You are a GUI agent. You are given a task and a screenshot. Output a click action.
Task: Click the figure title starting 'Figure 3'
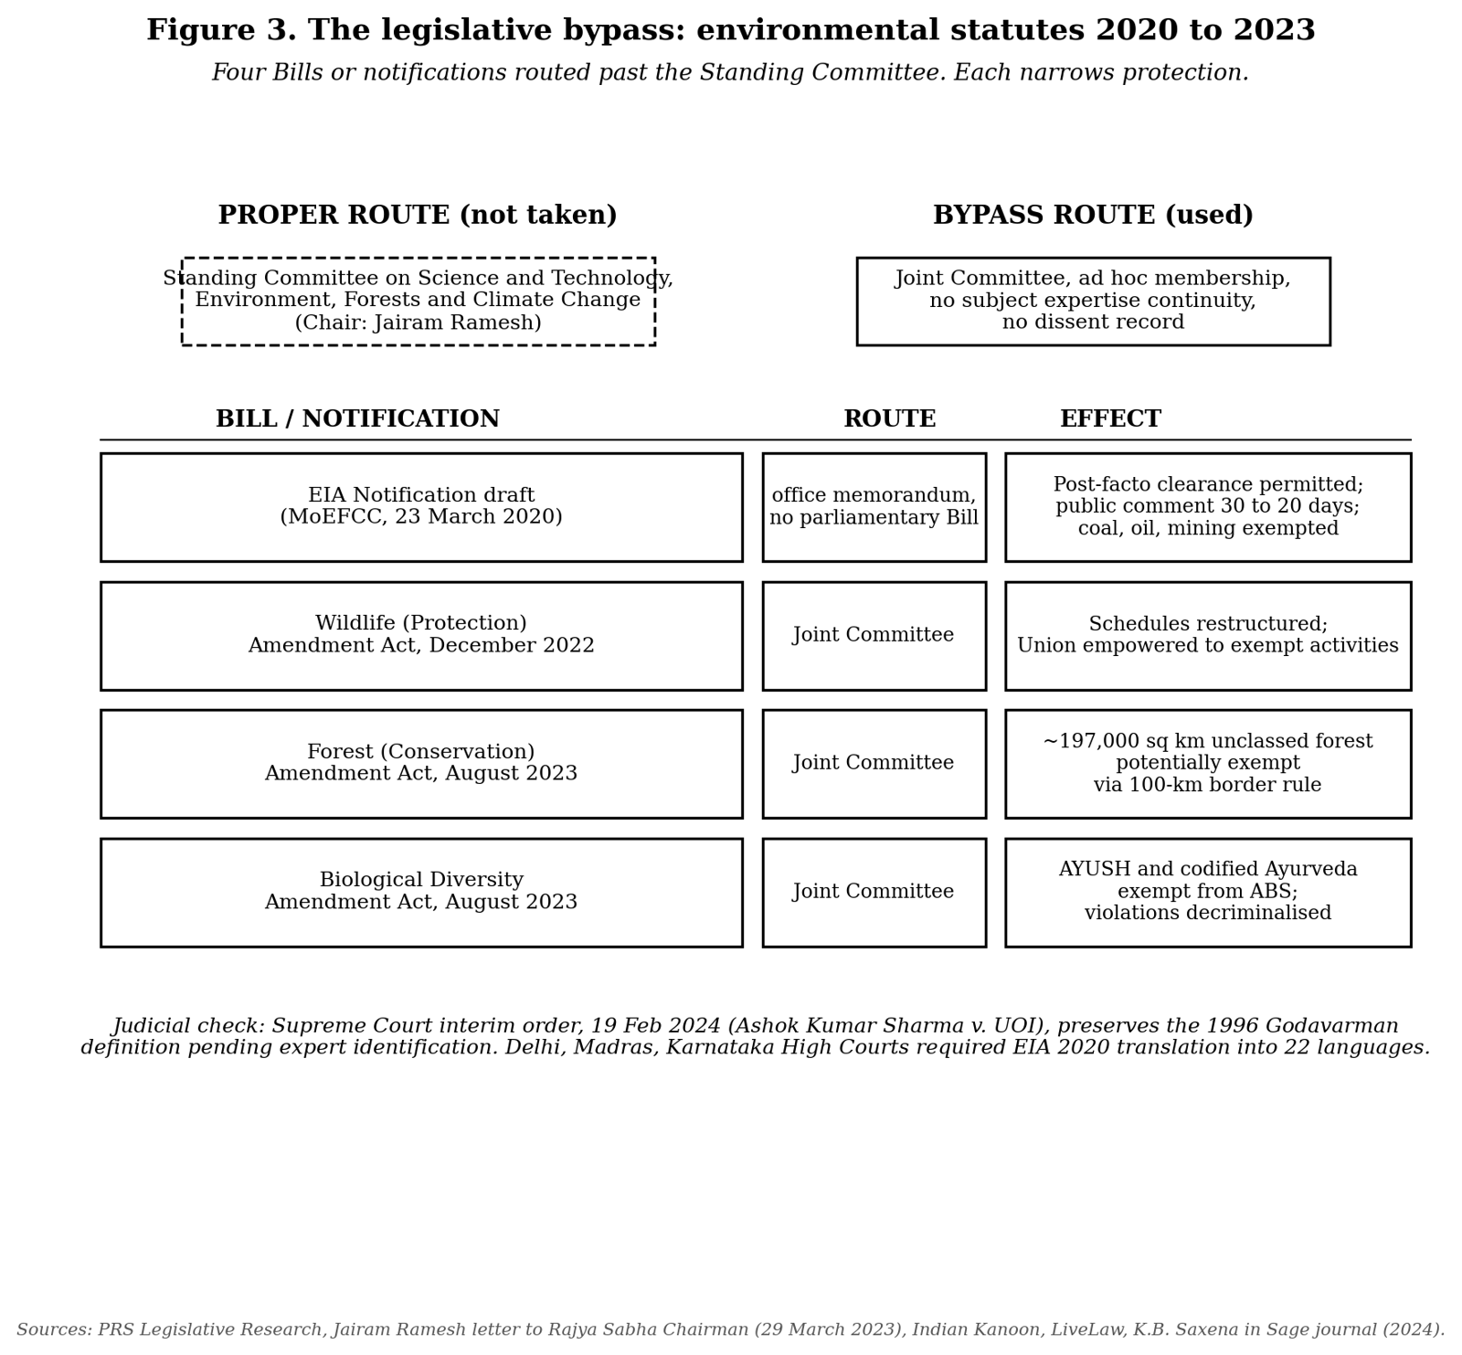point(730,30)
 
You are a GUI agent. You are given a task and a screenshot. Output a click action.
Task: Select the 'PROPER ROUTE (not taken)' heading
point(418,216)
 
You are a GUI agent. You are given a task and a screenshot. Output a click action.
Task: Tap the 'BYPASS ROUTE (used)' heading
point(1093,216)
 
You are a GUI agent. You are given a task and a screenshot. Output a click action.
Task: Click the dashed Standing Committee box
point(418,301)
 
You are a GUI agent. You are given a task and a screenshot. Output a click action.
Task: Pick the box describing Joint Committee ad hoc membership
point(1093,301)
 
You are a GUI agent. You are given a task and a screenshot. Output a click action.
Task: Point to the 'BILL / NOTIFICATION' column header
point(357,419)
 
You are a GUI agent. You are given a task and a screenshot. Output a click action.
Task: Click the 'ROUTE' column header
point(889,419)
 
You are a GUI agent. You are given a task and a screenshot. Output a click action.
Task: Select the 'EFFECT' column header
point(1110,419)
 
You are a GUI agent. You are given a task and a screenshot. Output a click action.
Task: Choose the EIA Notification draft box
point(421,507)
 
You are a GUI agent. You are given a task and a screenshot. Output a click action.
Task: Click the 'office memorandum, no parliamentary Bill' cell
point(874,507)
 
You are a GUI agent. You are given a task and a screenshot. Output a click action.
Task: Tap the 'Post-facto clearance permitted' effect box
point(1207,507)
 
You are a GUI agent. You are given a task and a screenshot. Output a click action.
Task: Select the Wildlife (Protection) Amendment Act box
point(421,635)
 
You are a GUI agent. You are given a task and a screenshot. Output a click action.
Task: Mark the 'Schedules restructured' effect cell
point(1207,635)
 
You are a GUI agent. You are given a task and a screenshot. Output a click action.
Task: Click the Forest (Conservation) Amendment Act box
point(421,763)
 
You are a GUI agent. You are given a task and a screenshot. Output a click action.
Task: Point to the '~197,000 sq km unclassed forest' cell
point(1207,763)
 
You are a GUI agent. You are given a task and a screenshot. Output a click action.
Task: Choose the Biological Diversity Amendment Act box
point(421,892)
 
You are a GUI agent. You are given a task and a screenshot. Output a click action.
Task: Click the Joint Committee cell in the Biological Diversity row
point(874,892)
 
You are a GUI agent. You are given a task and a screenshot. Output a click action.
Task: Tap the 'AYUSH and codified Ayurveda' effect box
point(1207,892)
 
